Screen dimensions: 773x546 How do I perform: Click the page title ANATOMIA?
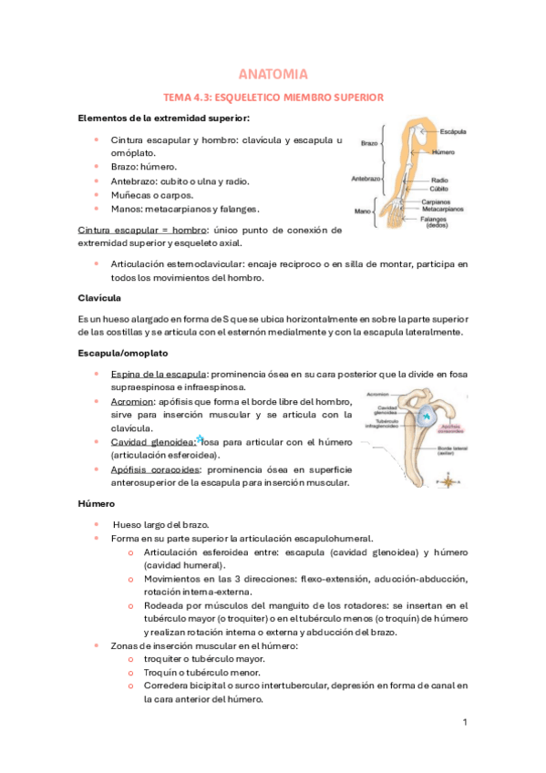(273, 74)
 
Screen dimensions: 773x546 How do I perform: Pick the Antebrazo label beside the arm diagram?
(366, 180)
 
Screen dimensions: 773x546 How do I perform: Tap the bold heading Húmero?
(97, 502)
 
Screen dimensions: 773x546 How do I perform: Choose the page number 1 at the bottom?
(464, 723)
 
